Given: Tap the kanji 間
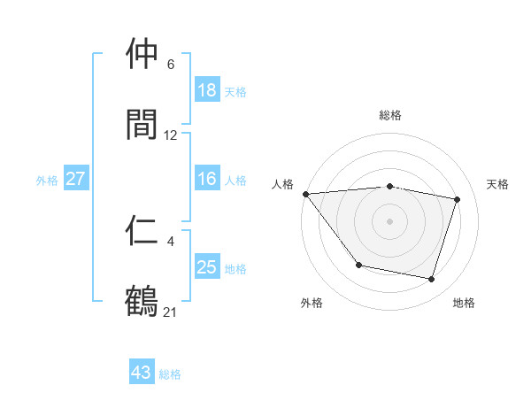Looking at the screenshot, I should (142, 125).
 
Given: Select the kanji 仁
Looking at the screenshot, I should (142, 231).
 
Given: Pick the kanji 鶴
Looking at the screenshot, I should (142, 301).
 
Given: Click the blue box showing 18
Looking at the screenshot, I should (207, 90).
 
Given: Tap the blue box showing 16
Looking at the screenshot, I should (207, 179).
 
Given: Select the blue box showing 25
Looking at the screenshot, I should (207, 267).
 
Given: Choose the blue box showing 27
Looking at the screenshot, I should (76, 179).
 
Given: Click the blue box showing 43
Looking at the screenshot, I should (142, 373).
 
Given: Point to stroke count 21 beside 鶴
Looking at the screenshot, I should (171, 312).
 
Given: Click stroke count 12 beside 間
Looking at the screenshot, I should (171, 135).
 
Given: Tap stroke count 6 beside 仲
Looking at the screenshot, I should (171, 65).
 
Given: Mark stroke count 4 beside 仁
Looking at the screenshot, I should (171, 241).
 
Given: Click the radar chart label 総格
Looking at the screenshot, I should (390, 115).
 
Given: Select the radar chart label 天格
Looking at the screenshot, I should (498, 184).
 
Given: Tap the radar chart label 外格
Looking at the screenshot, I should (312, 303).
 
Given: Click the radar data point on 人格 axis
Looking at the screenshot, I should (305, 194).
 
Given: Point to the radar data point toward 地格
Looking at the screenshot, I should (432, 280).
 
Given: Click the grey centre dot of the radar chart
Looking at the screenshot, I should (390, 220).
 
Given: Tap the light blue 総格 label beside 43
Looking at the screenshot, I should (170, 374).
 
